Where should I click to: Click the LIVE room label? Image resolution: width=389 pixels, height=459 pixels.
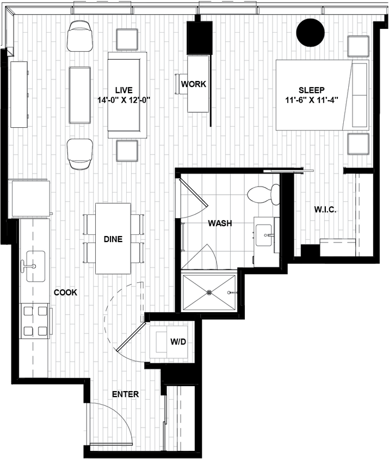pyautogui.click(x=124, y=90)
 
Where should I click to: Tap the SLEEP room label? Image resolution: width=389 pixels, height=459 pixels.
pyautogui.click(x=312, y=90)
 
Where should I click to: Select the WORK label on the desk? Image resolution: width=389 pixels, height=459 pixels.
pyautogui.click(x=193, y=84)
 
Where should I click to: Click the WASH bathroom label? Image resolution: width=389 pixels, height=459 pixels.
pyautogui.click(x=220, y=223)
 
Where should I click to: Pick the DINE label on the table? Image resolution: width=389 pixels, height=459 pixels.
pyautogui.click(x=113, y=239)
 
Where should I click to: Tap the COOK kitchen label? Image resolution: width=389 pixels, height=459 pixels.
pyautogui.click(x=65, y=293)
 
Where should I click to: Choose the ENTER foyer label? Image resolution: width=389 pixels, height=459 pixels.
pyautogui.click(x=125, y=394)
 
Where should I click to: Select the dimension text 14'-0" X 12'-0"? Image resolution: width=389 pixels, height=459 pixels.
pyautogui.click(x=124, y=100)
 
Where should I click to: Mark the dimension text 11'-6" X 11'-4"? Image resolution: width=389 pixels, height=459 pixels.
pyautogui.click(x=312, y=100)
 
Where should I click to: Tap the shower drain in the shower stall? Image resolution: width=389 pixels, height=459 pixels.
pyautogui.click(x=210, y=292)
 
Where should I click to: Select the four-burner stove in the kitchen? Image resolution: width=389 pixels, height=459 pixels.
pyautogui.click(x=35, y=320)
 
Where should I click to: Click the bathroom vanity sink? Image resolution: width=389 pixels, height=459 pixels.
pyautogui.click(x=267, y=236)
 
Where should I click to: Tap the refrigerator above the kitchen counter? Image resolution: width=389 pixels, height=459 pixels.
pyautogui.click(x=29, y=198)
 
